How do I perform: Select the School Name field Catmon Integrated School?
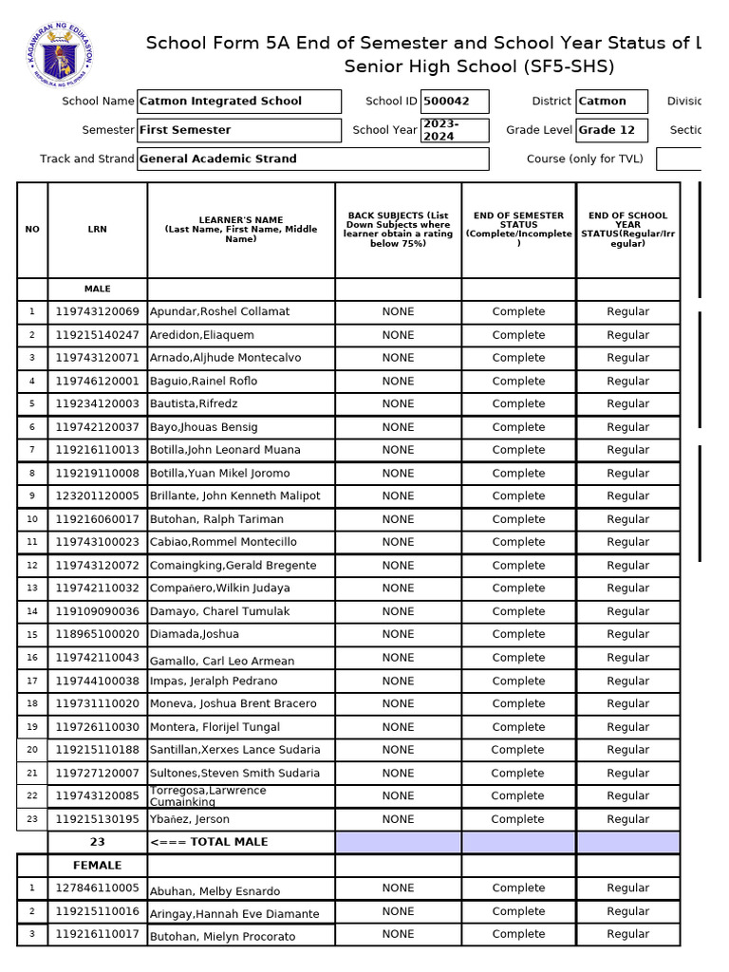[x=238, y=102]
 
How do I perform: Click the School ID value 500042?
[x=456, y=102]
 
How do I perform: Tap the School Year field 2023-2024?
[x=456, y=130]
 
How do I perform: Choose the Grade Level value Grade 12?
[x=611, y=130]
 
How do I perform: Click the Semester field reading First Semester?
[x=238, y=130]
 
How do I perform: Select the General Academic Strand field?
[x=312, y=159]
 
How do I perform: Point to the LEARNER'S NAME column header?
[x=241, y=230]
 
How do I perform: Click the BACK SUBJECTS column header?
[x=398, y=230]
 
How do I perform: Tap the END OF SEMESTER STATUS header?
[x=518, y=230]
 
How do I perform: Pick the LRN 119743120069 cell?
[x=97, y=311]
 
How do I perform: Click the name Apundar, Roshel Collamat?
[x=220, y=311]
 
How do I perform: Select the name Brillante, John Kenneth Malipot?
[x=235, y=495]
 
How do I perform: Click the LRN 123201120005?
[x=97, y=495]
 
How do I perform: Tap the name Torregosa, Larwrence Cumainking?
[x=208, y=795]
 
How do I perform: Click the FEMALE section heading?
[x=97, y=865]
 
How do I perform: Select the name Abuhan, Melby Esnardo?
[x=215, y=890]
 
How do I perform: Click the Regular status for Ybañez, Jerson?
[x=627, y=819]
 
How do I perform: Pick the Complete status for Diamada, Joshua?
[x=518, y=634]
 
